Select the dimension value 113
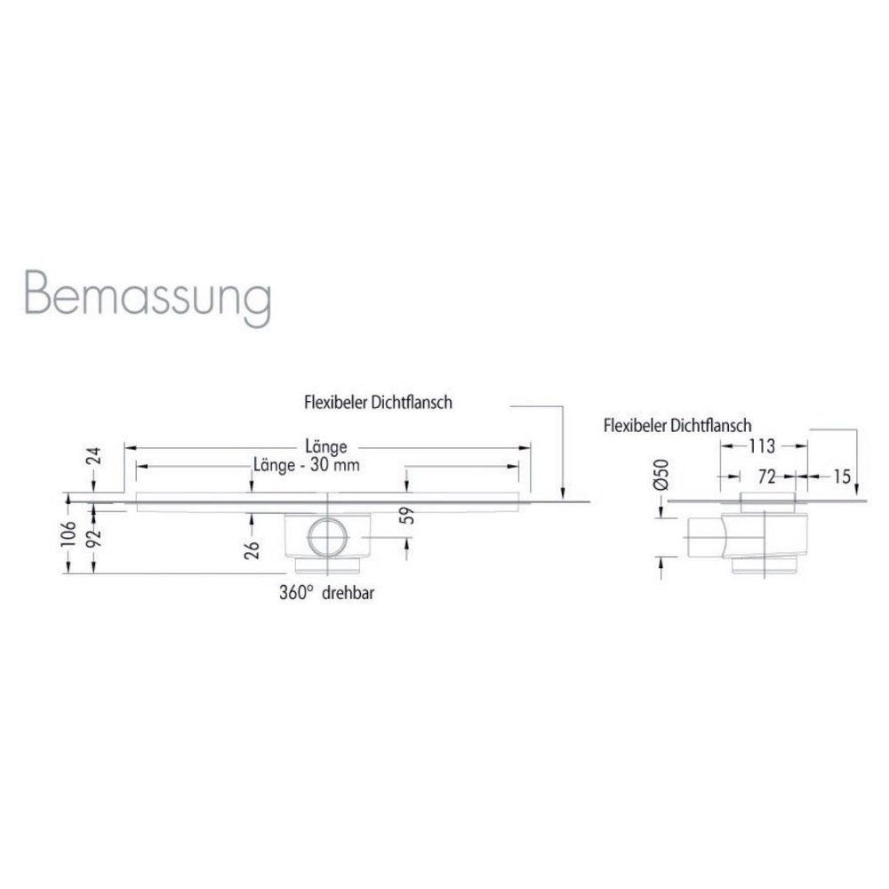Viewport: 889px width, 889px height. pyautogui.click(x=762, y=445)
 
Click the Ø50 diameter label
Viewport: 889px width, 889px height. pyautogui.click(x=659, y=477)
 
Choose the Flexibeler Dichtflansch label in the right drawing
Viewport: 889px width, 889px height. pyautogui.click(x=677, y=425)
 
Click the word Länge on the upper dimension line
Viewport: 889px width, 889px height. pyautogui.click(x=324, y=446)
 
